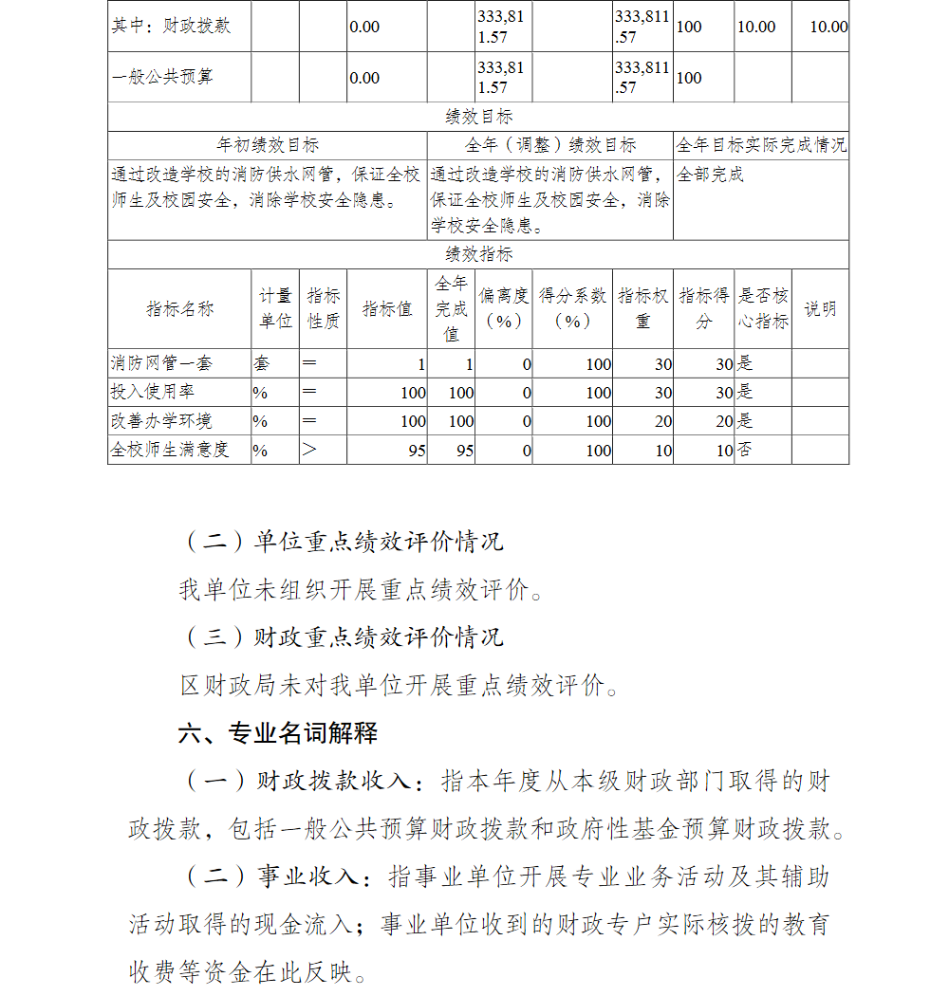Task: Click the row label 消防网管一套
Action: [161, 363]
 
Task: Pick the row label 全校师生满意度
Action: [170, 450]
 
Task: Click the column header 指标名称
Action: [179, 309]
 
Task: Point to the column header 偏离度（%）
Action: [503, 309]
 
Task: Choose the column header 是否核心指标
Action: [763, 309]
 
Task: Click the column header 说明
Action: [820, 309]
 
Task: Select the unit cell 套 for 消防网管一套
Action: [261, 363]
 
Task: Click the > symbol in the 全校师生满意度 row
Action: [309, 450]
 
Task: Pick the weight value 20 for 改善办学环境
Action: [663, 421]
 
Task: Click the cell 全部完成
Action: [711, 175]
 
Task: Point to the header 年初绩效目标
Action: [268, 145]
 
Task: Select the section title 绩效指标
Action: [478, 254]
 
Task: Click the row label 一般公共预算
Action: [162, 77]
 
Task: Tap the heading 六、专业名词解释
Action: [278, 732]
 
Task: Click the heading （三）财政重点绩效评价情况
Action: [342, 636]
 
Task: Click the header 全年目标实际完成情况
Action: [761, 145]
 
